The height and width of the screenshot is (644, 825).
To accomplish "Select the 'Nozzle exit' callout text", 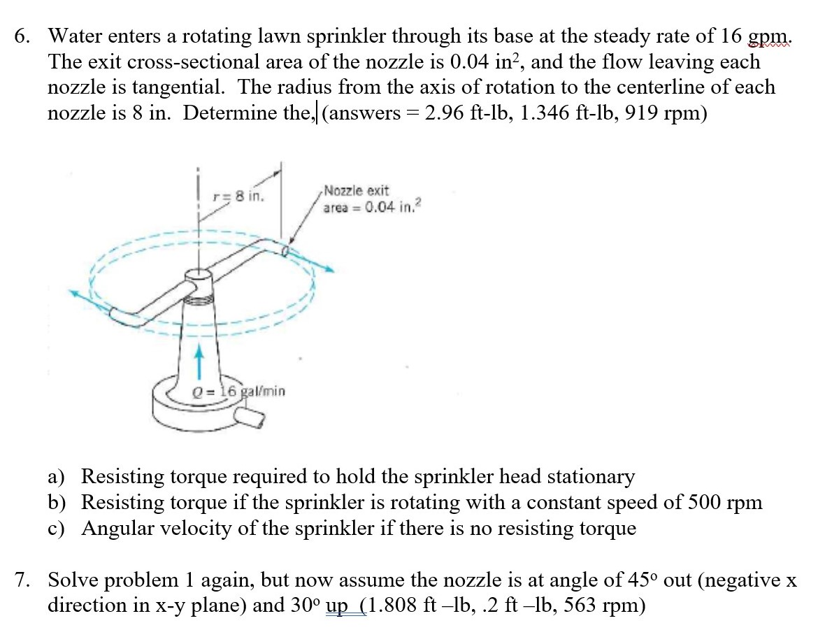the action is tap(357, 191).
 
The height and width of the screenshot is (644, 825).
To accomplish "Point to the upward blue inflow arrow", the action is tap(200, 362).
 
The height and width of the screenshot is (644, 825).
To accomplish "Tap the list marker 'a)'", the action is tap(57, 478).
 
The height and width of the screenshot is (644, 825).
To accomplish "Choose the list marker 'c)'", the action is tap(57, 529).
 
